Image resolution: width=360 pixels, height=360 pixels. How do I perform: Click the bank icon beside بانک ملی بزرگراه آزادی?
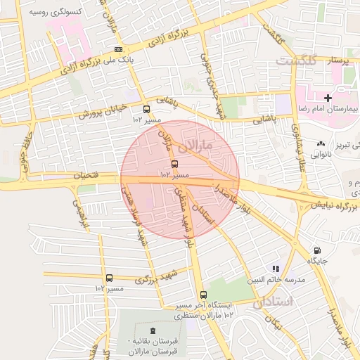click(118, 49)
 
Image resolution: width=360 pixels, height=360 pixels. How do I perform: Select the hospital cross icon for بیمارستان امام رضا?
click(328, 96)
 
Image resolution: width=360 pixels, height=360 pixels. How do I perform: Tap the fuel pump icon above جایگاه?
click(317, 250)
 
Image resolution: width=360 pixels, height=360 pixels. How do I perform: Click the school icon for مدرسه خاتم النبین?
click(276, 268)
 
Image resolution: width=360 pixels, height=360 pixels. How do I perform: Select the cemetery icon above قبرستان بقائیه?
click(153, 330)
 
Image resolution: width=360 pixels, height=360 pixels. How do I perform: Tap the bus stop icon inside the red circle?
click(174, 165)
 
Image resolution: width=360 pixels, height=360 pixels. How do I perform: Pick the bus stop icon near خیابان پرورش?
click(146, 109)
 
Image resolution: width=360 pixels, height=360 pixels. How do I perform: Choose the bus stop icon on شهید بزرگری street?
click(109, 278)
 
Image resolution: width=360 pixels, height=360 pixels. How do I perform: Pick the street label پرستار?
click(338, 60)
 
